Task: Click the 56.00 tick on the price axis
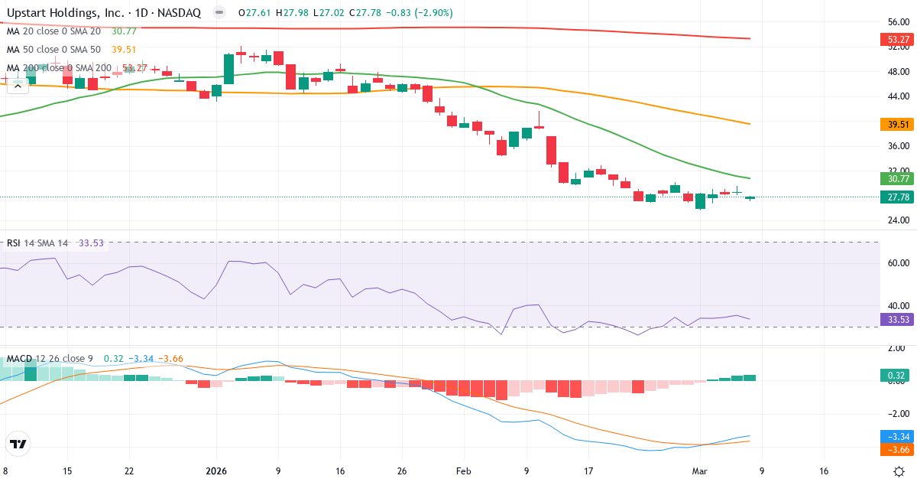[897, 23]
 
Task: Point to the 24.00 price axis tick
[897, 220]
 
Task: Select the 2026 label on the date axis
[216, 471]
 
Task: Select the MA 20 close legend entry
[53, 31]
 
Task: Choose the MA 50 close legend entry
[53, 50]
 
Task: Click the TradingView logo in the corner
[18, 444]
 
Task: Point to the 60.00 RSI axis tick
[897, 263]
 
